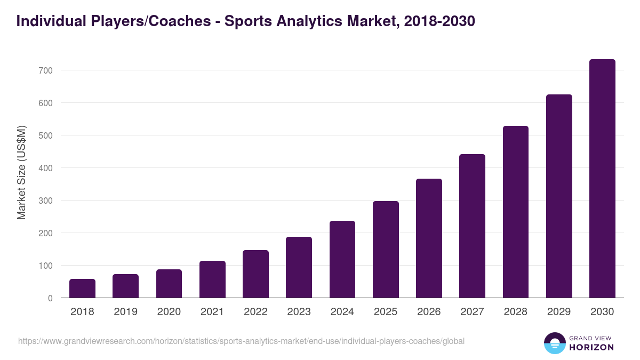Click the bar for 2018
[x=82, y=289]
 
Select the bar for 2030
[x=602, y=179]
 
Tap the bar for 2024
[x=342, y=259]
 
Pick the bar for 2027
[x=472, y=226]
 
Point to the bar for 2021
[x=212, y=279]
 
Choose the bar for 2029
[x=559, y=196]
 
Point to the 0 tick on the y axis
[x=50, y=298]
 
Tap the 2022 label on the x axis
[x=255, y=312]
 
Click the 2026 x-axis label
[x=429, y=312]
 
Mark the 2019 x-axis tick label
[x=125, y=312]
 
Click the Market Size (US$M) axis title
[x=21, y=172]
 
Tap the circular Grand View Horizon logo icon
[x=554, y=343]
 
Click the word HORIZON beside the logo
[x=591, y=347]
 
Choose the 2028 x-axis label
[x=516, y=312]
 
